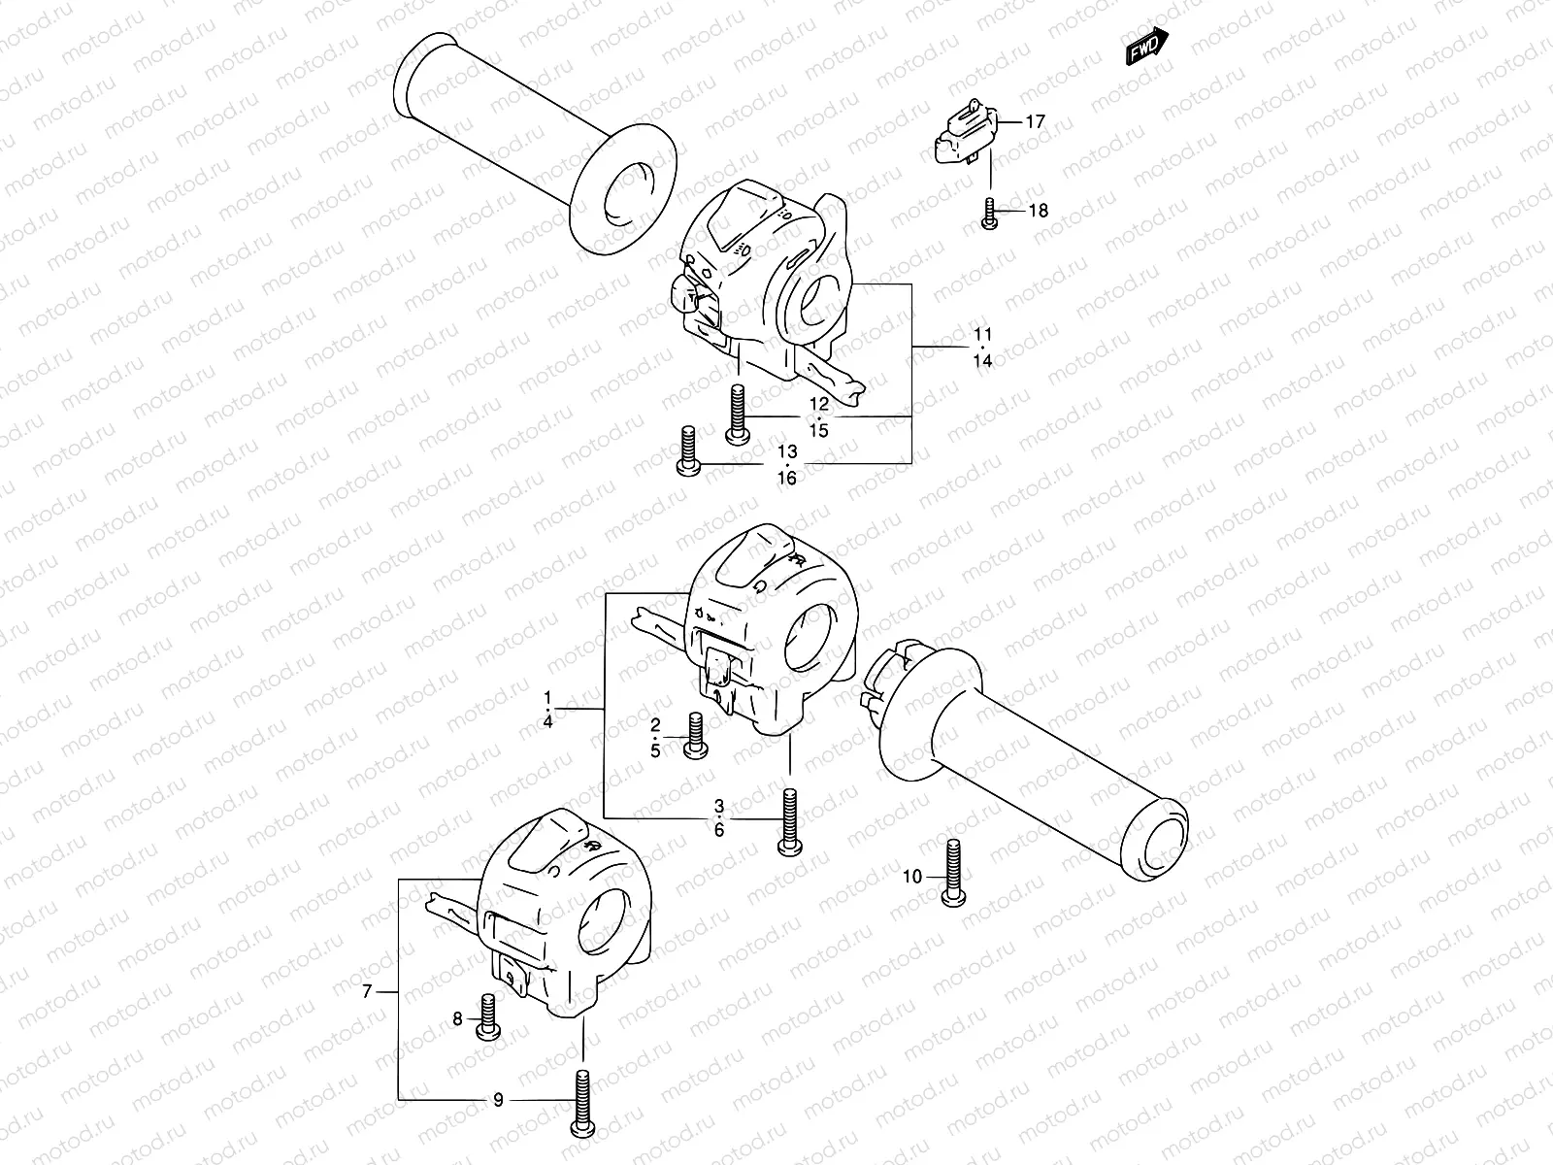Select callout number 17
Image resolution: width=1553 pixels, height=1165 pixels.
[x=1035, y=121]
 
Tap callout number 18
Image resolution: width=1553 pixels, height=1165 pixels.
[x=1038, y=210]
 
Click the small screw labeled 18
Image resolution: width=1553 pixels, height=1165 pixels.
[x=989, y=214]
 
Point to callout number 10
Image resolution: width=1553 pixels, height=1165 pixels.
[x=911, y=877]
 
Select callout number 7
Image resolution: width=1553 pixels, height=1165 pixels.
[x=367, y=991]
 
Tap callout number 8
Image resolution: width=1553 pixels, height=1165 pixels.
[x=458, y=1019]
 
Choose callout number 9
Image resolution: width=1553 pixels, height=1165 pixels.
[x=498, y=1100]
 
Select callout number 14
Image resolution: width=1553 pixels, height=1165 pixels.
[x=982, y=361]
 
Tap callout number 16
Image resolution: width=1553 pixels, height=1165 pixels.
[x=786, y=478]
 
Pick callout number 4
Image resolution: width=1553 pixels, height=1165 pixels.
[x=548, y=721]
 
